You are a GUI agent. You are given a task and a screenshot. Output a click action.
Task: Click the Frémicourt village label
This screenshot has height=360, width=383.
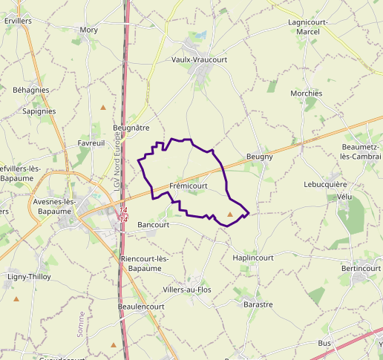(188, 186)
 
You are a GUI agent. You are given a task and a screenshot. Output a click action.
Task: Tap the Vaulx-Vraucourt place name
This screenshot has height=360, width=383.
(198, 59)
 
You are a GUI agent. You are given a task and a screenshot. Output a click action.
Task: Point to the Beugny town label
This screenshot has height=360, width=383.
(260, 157)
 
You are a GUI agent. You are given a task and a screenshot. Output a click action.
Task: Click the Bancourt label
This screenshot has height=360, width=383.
(154, 224)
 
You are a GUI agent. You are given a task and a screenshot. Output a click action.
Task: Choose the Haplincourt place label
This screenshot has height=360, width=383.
(253, 258)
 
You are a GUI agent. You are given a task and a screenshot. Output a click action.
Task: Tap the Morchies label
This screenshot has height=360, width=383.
(307, 94)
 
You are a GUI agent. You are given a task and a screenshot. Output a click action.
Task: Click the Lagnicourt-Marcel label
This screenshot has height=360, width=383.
(307, 27)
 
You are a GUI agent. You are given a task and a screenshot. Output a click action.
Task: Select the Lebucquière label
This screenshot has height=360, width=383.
(325, 184)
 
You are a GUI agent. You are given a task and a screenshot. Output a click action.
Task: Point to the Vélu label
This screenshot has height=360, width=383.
(344, 197)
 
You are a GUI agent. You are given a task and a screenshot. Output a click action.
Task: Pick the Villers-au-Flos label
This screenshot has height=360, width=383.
(187, 289)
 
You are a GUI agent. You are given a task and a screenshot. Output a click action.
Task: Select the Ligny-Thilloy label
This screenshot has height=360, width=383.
(27, 277)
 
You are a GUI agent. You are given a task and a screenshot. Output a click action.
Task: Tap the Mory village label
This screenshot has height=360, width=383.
(88, 30)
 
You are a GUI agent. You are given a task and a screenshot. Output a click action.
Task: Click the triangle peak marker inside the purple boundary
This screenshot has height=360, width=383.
(230, 215)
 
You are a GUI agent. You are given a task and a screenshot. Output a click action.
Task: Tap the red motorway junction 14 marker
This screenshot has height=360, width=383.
(123, 215)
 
